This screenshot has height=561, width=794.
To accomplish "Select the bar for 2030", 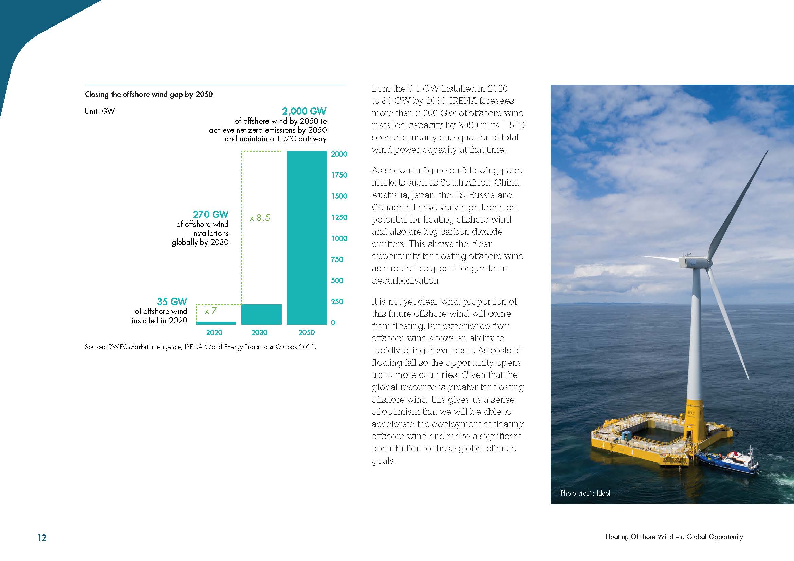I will [261, 314].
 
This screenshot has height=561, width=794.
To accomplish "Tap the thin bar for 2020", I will [216, 323].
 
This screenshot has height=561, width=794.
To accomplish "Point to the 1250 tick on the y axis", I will [339, 217].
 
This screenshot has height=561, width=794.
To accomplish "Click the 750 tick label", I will [337, 259].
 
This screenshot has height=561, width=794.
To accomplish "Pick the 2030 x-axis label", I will [259, 332].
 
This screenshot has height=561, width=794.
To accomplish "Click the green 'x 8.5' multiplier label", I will [259, 218].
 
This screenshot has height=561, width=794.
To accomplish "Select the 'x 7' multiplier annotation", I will [210, 311].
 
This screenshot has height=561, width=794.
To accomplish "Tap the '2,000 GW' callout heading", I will [304, 111].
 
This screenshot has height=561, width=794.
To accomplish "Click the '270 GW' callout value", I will [210, 214].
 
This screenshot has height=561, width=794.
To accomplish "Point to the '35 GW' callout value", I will [172, 302].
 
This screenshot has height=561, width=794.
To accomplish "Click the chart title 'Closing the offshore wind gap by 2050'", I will [149, 94].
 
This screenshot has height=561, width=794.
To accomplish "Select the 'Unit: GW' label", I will [99, 111].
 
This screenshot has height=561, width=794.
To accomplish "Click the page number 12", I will [42, 538].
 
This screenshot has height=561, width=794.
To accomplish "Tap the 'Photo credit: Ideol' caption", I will [585, 493].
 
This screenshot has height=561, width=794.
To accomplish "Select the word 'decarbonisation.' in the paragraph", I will [406, 280].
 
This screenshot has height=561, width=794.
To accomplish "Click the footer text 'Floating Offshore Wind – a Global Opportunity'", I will [674, 537].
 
